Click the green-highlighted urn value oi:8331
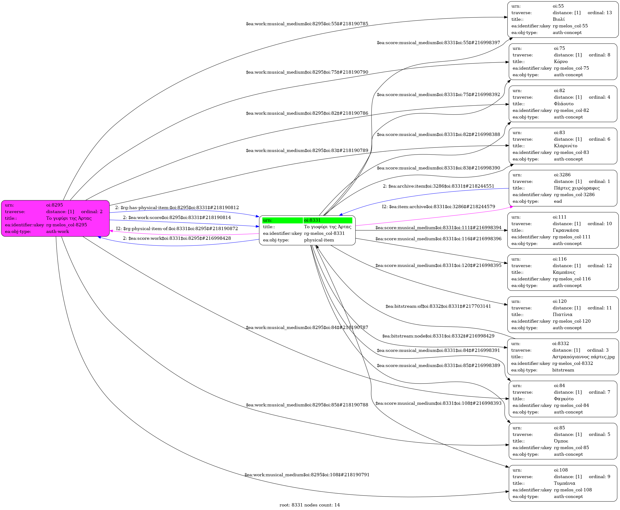pyautogui.click(x=312, y=220)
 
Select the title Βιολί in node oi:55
pyautogui.click(x=558, y=19)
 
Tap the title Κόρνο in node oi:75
pyautogui.click(x=560, y=62)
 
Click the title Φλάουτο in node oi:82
pyautogui.click(x=563, y=104)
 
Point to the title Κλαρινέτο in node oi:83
pyautogui.click(x=565, y=146)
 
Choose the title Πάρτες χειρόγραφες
pyautogui.click(x=577, y=188)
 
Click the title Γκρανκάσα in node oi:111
pyautogui.click(x=565, y=230)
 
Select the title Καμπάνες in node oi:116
pyautogui.click(x=564, y=272)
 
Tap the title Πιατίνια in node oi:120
pyautogui.click(x=562, y=315)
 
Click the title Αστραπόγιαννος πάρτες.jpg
pyautogui.click(x=583, y=357)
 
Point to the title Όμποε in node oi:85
pyautogui.click(x=561, y=441)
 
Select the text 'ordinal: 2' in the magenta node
pyautogui.click(x=92, y=211)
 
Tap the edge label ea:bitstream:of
pyautogui.click(x=438, y=306)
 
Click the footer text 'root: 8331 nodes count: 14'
pyautogui.click(x=310, y=505)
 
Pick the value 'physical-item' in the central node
pyautogui.click(x=319, y=240)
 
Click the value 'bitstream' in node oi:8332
pyautogui.click(x=563, y=370)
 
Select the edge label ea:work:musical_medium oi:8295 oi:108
pyautogui.click(x=307, y=475)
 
